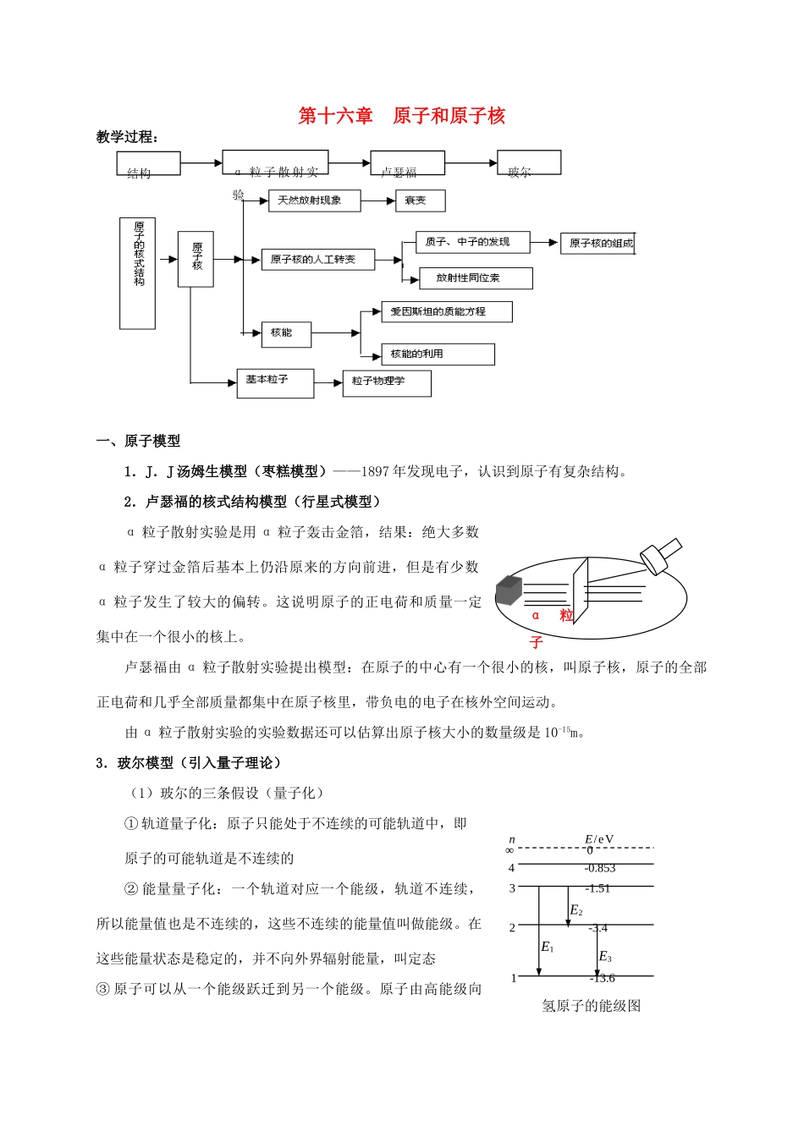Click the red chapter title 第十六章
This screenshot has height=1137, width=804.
(336, 116)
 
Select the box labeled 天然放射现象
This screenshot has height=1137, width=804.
(313, 200)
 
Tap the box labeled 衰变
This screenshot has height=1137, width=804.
(420, 200)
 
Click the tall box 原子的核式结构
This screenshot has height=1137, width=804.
(138, 272)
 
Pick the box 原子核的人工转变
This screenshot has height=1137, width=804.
(317, 260)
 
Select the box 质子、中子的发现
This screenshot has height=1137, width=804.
(472, 242)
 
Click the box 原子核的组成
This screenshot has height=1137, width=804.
(597, 244)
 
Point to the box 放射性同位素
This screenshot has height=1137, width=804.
(476, 277)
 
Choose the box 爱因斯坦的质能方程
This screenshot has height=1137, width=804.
(446, 311)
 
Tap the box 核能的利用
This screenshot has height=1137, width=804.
(438, 354)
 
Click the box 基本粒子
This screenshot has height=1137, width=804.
(275, 382)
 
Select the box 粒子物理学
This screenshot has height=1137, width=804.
(386, 382)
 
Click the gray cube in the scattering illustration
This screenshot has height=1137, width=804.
(510, 590)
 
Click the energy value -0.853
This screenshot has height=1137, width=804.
(600, 868)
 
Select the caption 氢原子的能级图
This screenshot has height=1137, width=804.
(592, 1006)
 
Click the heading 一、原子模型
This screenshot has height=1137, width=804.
(138, 441)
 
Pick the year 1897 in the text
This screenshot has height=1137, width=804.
(375, 471)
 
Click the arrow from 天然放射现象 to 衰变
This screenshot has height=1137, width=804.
(378, 200)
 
